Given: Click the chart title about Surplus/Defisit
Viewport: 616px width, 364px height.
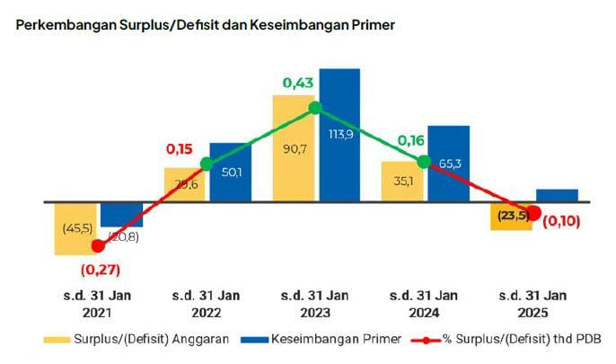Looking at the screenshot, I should click(x=206, y=25).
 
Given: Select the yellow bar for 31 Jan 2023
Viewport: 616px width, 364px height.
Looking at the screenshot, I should click(x=293, y=148).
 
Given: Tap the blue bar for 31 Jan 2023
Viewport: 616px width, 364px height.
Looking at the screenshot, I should click(x=339, y=135).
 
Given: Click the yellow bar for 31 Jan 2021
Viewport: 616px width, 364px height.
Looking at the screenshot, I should click(x=75, y=229).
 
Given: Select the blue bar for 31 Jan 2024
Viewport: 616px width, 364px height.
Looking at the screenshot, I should click(x=448, y=164).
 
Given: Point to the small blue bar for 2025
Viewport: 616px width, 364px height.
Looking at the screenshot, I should click(x=557, y=195).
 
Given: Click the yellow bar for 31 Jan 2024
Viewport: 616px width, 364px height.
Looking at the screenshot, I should click(x=401, y=182).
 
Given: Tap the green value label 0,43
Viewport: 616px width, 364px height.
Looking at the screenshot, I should click(x=299, y=83).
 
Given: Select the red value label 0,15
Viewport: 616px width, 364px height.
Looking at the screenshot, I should click(x=180, y=148).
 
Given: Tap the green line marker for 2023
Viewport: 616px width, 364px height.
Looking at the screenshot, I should click(x=315, y=108).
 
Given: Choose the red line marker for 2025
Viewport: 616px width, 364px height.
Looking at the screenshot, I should click(x=533, y=213).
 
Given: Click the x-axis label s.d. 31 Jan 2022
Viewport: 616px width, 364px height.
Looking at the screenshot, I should click(x=207, y=304).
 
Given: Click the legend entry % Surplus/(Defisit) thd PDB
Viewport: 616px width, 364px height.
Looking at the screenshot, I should click(x=506, y=339).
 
